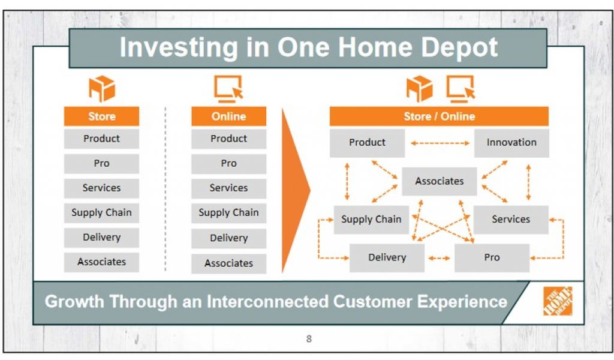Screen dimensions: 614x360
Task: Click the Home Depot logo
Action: click(x=558, y=301)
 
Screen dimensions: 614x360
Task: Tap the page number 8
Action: click(x=309, y=339)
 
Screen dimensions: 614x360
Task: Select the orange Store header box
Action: click(x=101, y=116)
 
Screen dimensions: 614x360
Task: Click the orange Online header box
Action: click(x=228, y=116)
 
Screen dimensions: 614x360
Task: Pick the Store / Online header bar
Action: click(x=439, y=116)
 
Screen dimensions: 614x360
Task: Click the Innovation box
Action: click(x=511, y=143)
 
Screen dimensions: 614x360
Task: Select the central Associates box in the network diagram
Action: click(x=440, y=181)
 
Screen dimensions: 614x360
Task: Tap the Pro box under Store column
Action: click(x=101, y=163)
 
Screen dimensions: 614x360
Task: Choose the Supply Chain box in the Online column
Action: click(x=228, y=213)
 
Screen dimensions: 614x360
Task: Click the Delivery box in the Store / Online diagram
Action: click(x=387, y=257)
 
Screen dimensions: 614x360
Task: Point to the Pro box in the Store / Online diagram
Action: click(x=492, y=257)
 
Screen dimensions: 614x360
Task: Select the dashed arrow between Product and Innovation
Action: click(x=440, y=143)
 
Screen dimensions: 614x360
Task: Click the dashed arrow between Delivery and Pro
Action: click(x=440, y=258)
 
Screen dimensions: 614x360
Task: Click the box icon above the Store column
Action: click(x=102, y=89)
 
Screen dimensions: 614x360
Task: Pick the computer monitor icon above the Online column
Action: click(x=228, y=89)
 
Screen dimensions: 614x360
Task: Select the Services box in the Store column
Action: click(x=101, y=188)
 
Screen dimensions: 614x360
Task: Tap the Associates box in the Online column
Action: click(x=228, y=263)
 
